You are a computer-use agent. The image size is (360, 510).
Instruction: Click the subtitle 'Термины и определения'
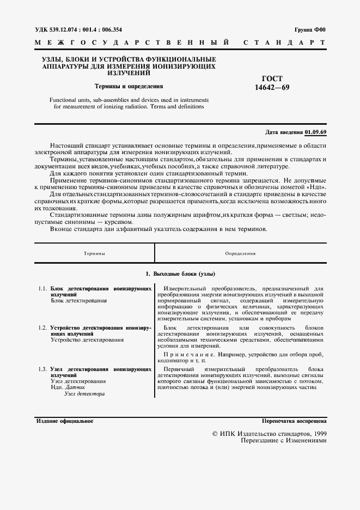pos(129,86)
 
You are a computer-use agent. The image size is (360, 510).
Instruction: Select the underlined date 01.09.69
pos(316,132)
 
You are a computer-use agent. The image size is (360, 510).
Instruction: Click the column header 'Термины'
pos(95,253)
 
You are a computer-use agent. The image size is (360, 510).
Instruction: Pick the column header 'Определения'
pos(240,253)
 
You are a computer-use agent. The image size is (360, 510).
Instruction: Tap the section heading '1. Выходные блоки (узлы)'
pos(180,274)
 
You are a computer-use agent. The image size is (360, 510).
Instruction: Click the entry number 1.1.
pos(42,288)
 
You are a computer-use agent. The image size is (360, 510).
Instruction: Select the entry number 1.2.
pos(42,328)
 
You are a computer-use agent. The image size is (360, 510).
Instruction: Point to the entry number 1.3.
pos(42,369)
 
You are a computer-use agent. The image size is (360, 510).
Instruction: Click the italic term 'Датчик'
pos(76,387)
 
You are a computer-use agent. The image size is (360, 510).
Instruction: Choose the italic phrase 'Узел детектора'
pos(84,393)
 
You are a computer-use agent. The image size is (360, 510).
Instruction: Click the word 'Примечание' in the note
pos(186,355)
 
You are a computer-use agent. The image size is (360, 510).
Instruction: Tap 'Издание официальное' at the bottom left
pos(65,422)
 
